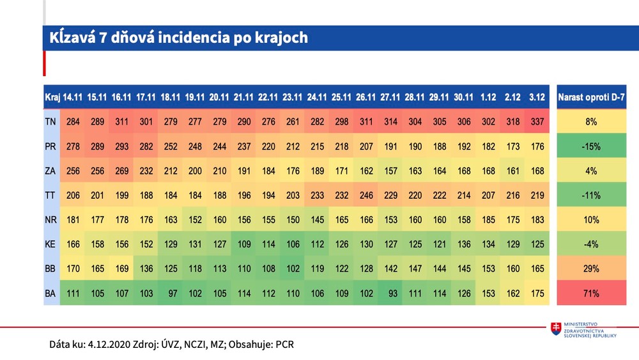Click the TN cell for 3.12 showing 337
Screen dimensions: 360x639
pos(537,121)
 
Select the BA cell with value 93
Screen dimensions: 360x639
pos(390,293)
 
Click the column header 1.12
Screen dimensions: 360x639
pos(488,97)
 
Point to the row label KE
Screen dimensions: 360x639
pos(51,244)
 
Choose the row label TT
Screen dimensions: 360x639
pos(51,195)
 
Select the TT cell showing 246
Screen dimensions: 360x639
pos(365,195)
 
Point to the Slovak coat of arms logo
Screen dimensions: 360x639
pos(557,329)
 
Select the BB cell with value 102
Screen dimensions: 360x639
pos(292,269)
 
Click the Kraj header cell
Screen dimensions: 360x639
pos(52,97)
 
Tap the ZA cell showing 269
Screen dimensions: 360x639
pos(121,171)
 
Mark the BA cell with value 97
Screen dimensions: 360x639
pos(171,293)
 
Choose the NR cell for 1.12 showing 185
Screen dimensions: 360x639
pos(488,220)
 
